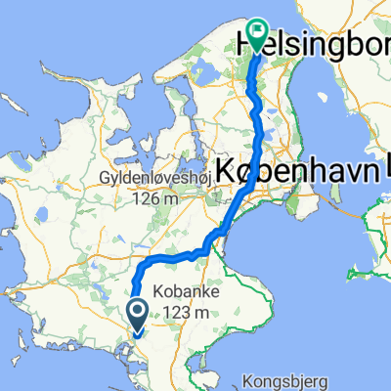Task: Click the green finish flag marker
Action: (258, 33)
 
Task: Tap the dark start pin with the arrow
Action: (136, 314)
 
